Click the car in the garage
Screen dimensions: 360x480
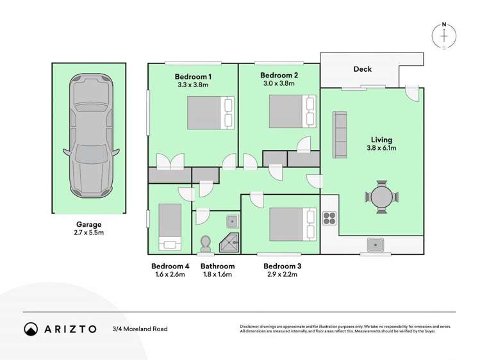tap(90, 138)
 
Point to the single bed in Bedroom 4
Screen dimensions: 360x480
tap(170, 226)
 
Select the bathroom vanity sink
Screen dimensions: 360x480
tap(232, 222)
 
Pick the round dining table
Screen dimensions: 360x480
tap(383, 197)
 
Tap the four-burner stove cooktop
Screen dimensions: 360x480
tap(330, 219)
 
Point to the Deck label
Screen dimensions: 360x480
tap(362, 69)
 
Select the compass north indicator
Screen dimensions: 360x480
tap(444, 36)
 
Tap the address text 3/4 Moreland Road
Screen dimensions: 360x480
tap(140, 329)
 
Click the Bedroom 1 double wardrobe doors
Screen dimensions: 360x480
tap(170, 163)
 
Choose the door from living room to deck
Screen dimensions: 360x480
tap(413, 93)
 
